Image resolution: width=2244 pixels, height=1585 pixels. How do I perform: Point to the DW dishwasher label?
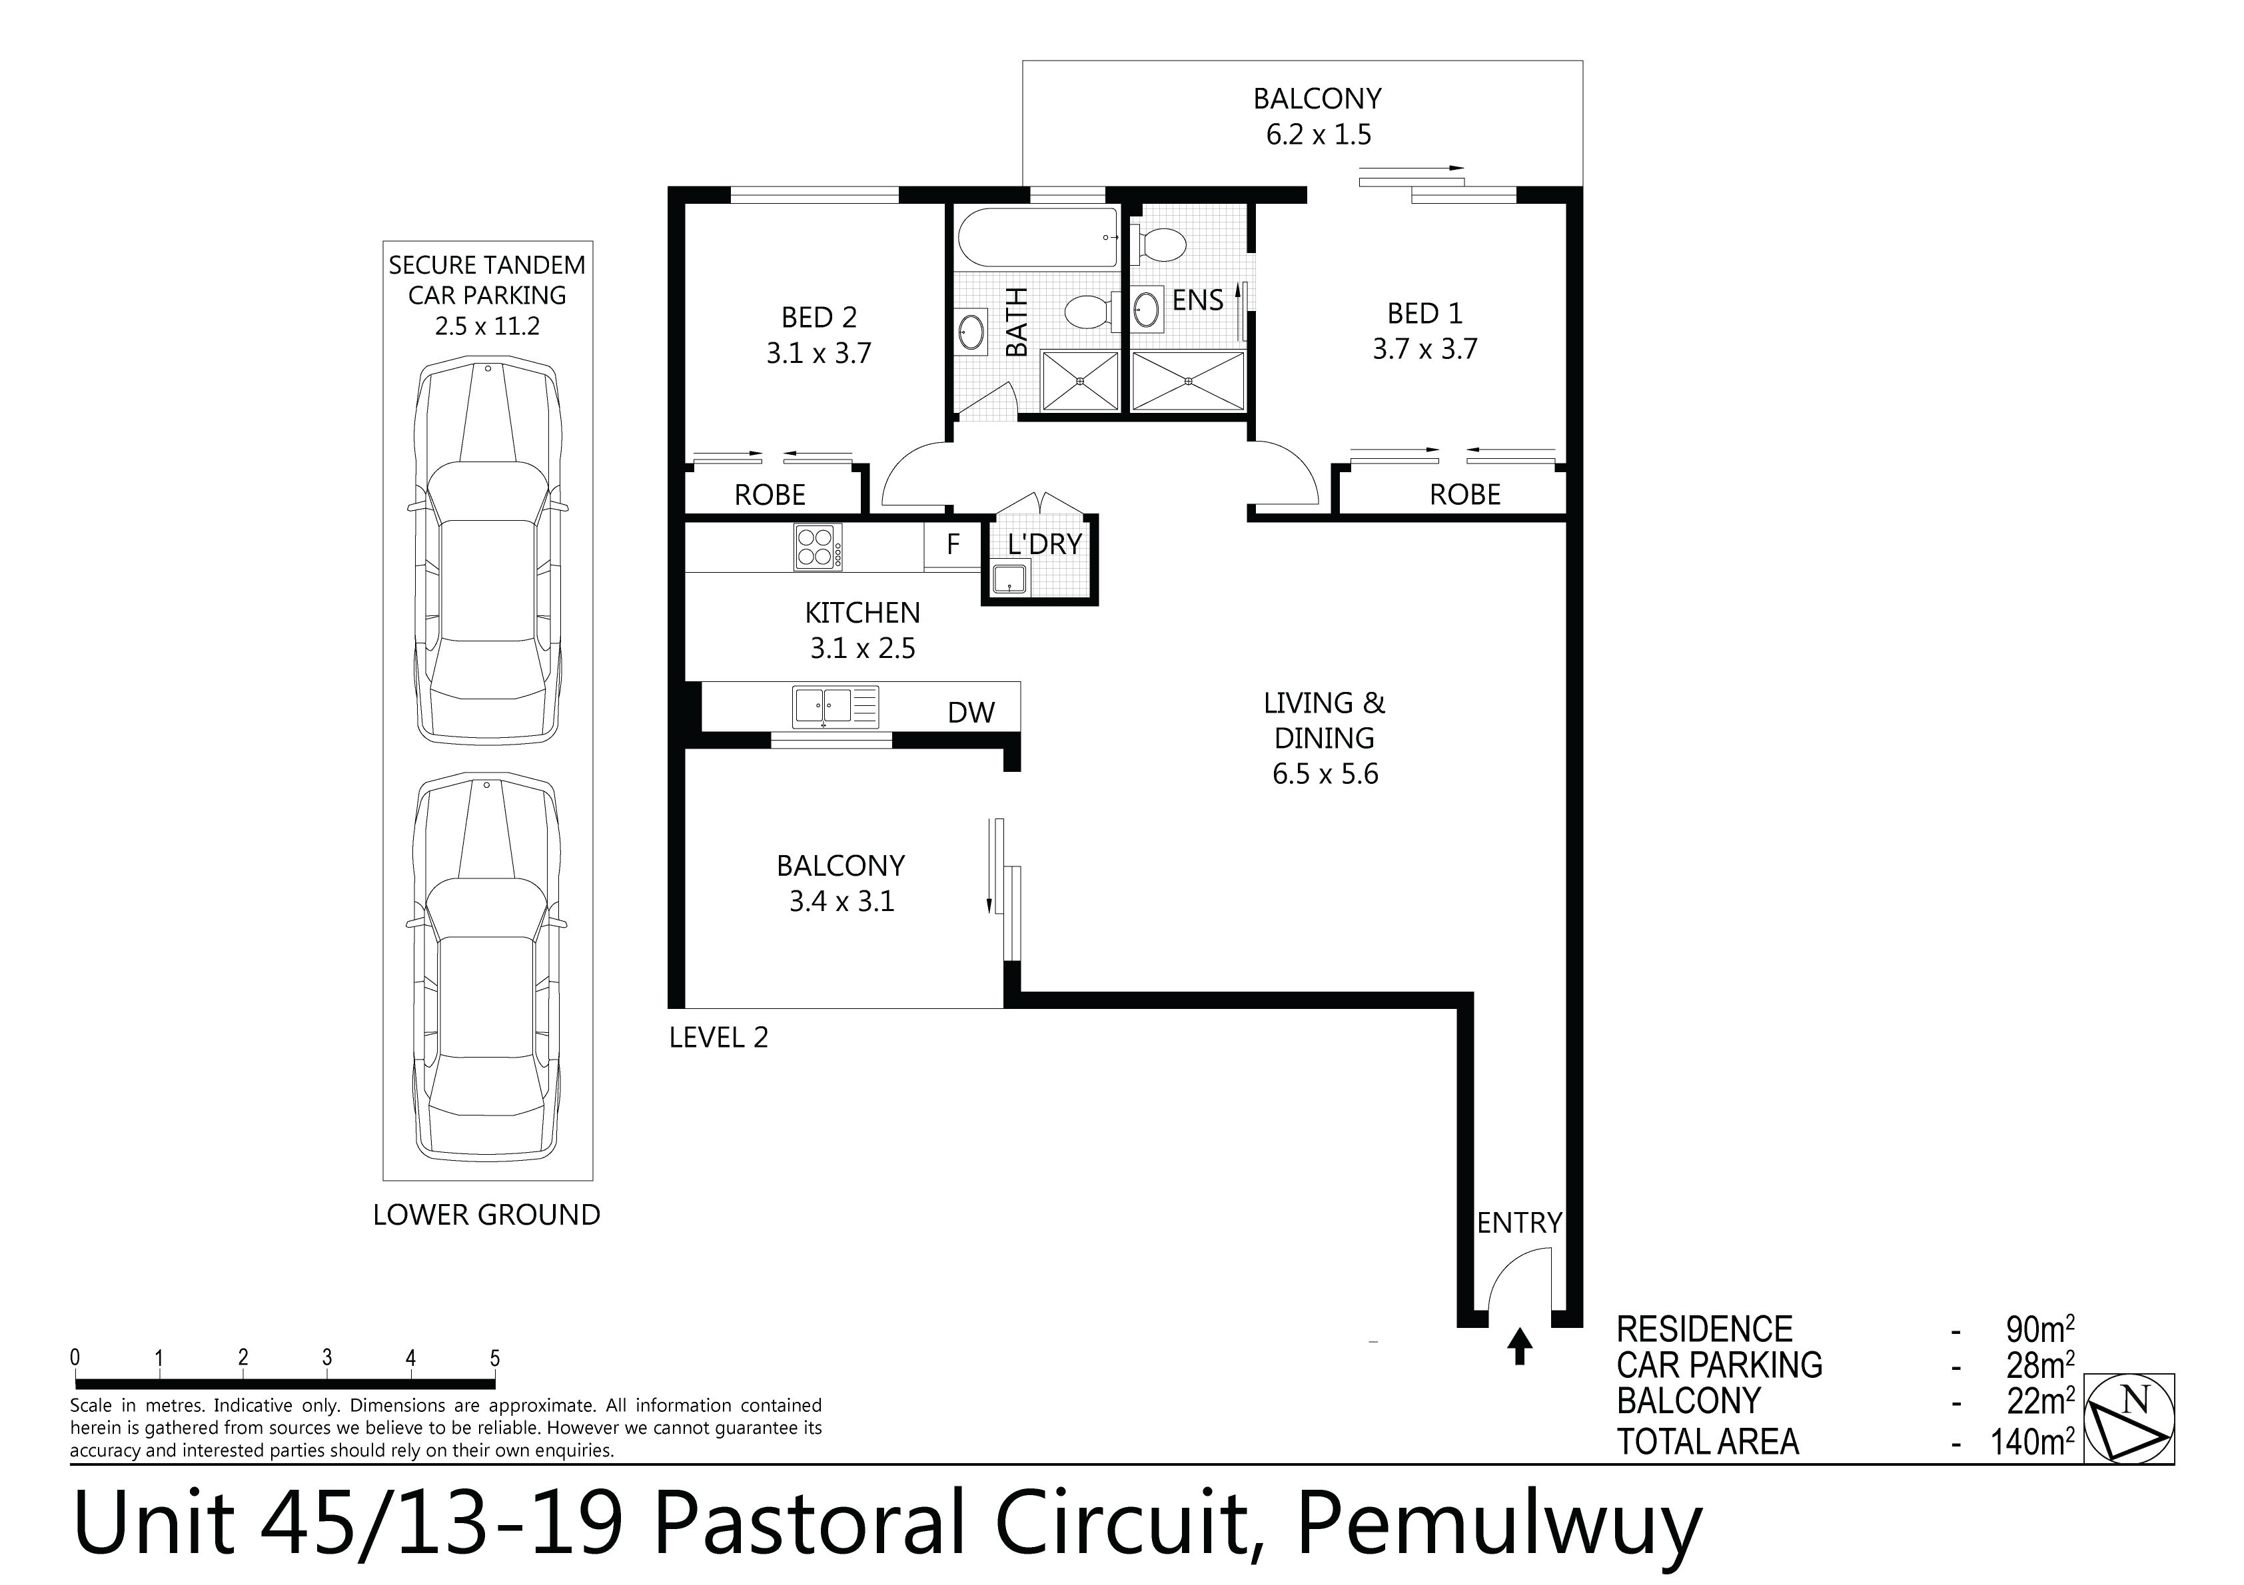pos(971,713)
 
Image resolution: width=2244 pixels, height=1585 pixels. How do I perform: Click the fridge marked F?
pos(953,544)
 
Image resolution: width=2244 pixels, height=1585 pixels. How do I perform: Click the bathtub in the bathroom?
pos(1038,238)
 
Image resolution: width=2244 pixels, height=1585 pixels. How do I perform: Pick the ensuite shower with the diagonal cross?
pos(1189,381)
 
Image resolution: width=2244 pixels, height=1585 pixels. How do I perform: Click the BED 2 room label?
pos(819,318)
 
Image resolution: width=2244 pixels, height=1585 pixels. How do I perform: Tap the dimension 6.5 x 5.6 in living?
pos(1325,774)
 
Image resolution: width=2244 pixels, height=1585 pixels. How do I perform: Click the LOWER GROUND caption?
pos(487,1215)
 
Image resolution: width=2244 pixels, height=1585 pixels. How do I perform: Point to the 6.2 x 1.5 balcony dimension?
pos(1319,135)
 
